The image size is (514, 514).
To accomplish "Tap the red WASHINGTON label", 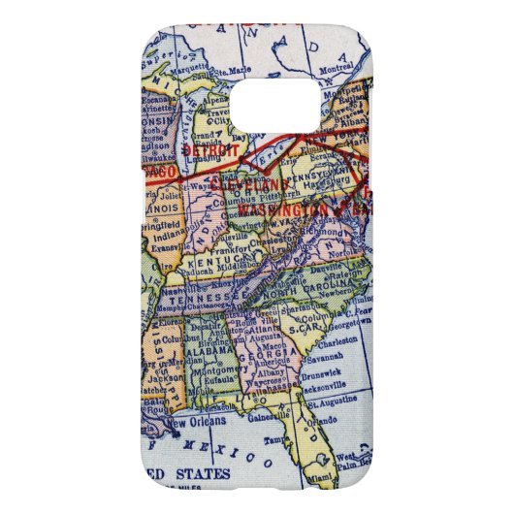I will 285,209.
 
